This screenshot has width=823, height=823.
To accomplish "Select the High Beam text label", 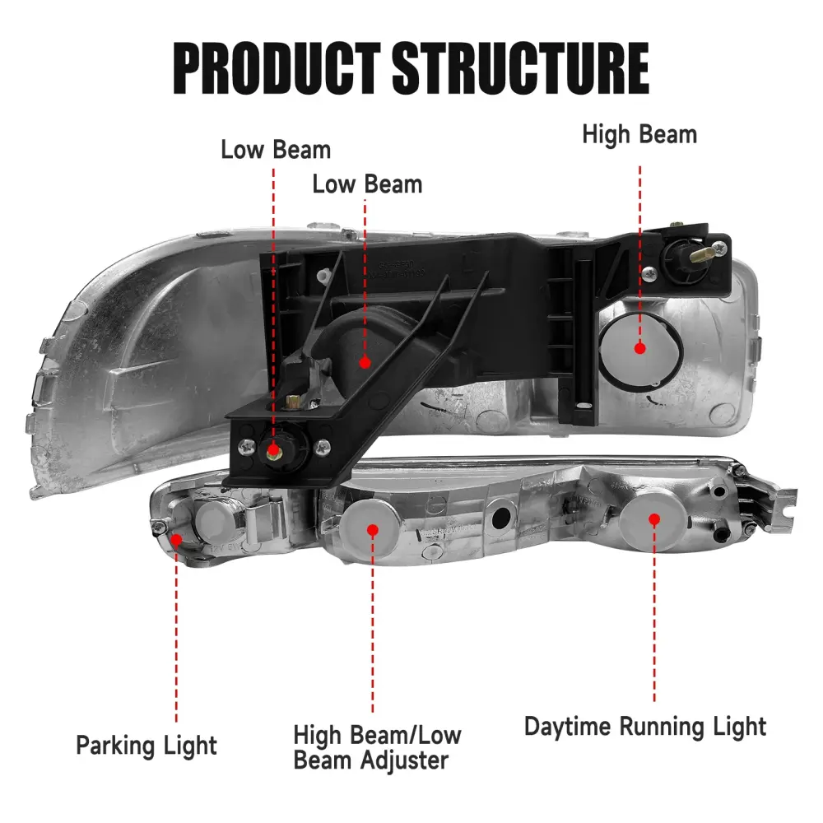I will [x=639, y=134].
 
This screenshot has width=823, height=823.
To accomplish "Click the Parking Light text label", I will [x=146, y=746].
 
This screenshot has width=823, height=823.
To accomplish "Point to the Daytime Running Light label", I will [x=645, y=727].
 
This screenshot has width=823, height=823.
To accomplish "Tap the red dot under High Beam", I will [x=639, y=348].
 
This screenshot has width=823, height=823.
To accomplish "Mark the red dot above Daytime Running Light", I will [x=654, y=520].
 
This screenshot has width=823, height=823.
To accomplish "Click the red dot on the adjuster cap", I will [x=372, y=530].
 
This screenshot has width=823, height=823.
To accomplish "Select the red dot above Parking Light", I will [x=176, y=539].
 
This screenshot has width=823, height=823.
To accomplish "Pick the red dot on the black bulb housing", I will [x=365, y=361].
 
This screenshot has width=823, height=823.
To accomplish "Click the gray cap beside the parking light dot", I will [x=210, y=520].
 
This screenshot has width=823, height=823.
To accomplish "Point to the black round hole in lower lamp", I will [x=500, y=518].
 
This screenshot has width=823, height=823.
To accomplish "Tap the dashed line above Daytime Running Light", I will [x=655, y=617].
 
